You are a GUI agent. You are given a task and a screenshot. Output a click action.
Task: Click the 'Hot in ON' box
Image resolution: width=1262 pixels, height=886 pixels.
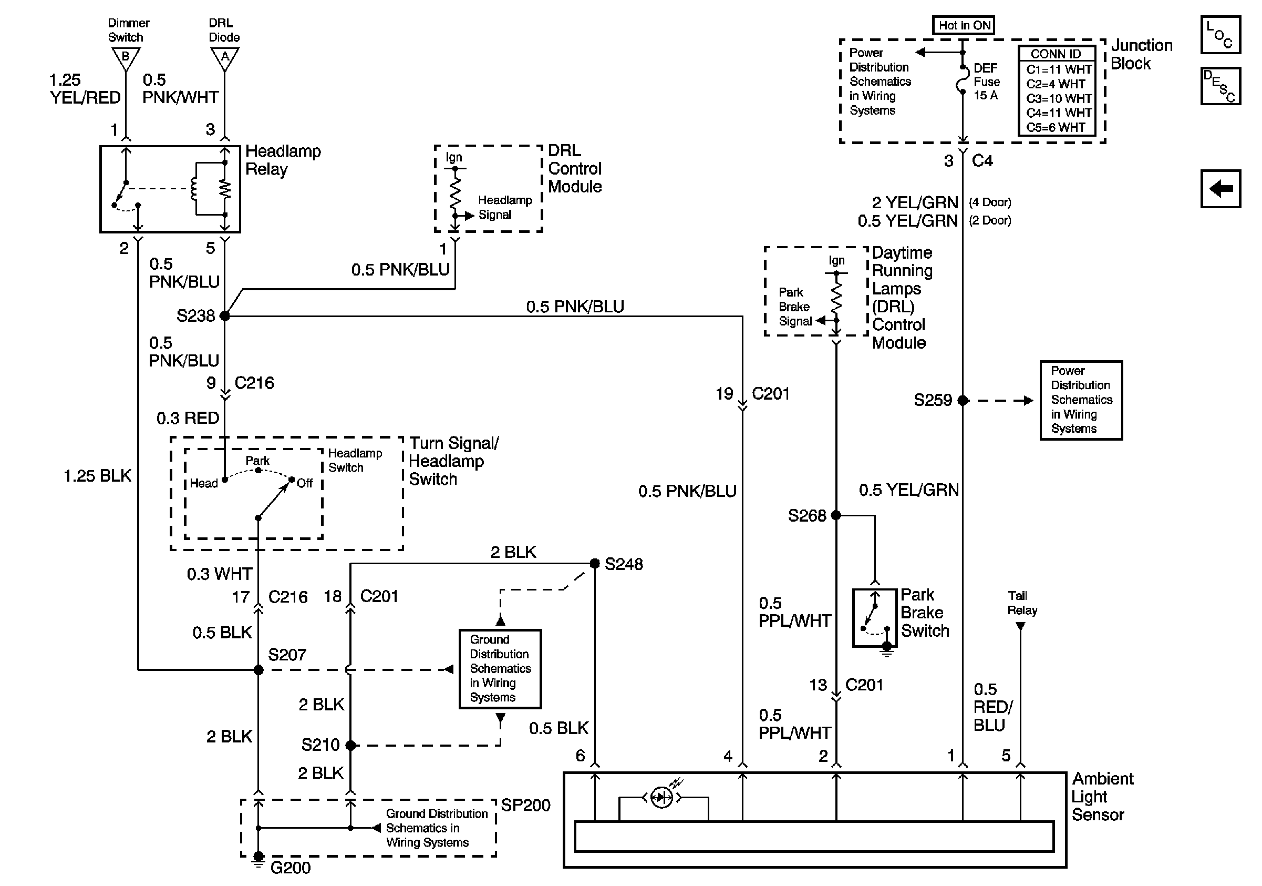[x=964, y=25]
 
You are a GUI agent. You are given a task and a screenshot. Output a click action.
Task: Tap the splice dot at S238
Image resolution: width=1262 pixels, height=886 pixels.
[x=225, y=315]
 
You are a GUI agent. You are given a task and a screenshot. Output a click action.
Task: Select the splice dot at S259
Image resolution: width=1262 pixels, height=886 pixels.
[x=963, y=400]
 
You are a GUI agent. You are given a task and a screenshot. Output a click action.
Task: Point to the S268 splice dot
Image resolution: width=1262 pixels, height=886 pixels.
[x=836, y=515]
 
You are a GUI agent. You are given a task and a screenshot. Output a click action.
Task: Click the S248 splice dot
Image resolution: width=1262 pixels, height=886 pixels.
[x=595, y=564]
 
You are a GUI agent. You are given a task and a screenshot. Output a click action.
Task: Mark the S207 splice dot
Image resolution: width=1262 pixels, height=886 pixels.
[x=258, y=670]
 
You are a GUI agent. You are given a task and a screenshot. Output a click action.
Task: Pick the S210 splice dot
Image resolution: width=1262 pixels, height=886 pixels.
[x=350, y=745]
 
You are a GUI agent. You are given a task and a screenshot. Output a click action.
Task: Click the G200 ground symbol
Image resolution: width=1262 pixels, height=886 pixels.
[x=258, y=859]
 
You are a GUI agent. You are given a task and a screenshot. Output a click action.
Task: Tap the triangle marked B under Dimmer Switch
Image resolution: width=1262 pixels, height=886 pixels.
[x=126, y=58]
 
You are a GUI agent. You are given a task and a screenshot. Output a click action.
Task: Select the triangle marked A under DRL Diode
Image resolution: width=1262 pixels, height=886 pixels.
[x=225, y=58]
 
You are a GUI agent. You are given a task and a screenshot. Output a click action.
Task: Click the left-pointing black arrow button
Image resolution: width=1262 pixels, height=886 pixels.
[x=1221, y=189]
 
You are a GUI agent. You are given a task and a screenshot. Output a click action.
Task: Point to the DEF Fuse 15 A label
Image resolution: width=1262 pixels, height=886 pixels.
[x=987, y=82]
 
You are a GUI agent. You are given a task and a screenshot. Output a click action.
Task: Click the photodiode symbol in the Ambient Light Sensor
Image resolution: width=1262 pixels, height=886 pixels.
[x=661, y=798]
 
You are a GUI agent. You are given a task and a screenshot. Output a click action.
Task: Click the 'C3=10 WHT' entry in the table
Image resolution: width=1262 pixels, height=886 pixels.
[x=1059, y=98]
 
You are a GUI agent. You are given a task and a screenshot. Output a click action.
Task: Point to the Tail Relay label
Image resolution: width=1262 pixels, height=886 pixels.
[x=1022, y=603]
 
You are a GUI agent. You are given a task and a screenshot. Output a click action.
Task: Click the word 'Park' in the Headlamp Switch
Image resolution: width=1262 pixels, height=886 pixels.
[x=257, y=460]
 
